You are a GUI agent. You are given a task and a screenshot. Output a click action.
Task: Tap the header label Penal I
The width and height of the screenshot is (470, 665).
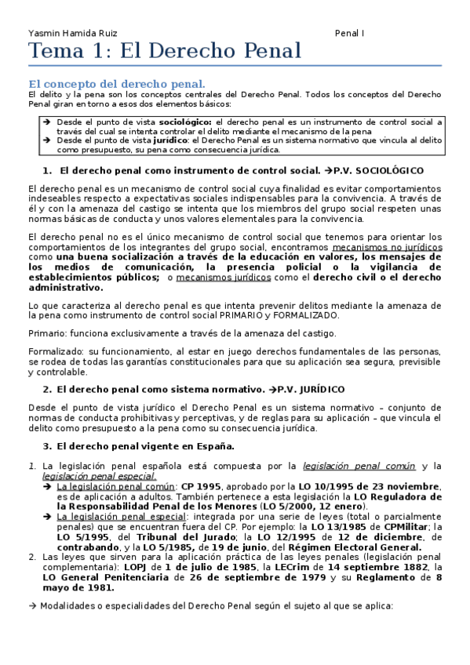click(349, 34)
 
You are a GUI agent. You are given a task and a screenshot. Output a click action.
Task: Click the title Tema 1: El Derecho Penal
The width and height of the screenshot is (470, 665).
click(165, 52)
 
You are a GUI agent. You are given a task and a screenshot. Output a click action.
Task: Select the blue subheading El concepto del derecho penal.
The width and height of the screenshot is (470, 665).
click(117, 83)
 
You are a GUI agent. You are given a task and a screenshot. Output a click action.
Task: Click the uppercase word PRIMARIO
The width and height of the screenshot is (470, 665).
click(257, 315)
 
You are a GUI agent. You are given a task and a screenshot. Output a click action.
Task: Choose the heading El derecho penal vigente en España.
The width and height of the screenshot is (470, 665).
click(145, 446)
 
